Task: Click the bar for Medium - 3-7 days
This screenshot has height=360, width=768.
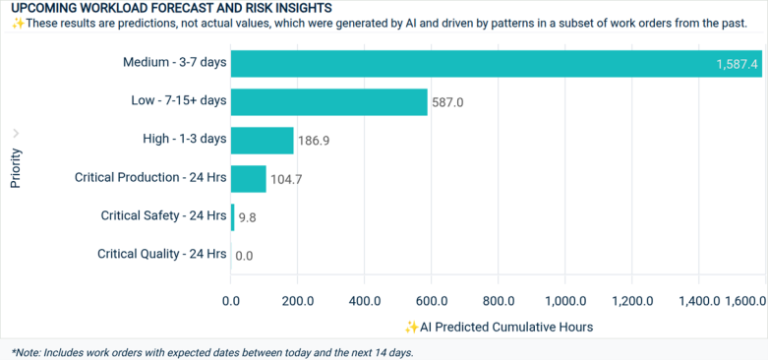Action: [x=492, y=63]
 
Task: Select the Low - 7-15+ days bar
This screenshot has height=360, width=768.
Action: [x=328, y=101]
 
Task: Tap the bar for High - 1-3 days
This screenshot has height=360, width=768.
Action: [x=262, y=140]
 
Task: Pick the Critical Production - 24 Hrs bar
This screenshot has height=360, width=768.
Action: [x=248, y=178]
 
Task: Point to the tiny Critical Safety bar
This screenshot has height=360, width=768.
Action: [x=232, y=216]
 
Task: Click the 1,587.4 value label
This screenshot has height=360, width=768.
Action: [x=737, y=64]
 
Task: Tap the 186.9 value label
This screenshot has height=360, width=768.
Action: [x=313, y=141]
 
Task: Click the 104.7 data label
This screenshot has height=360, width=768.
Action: [x=286, y=179]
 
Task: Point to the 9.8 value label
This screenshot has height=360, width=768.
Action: [x=247, y=217]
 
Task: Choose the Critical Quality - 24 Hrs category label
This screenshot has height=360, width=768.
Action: [x=161, y=254]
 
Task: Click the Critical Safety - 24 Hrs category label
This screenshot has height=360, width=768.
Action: [x=163, y=215]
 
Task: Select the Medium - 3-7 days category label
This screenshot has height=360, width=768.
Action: [x=174, y=62]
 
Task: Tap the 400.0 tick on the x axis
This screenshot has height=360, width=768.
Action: [x=365, y=301]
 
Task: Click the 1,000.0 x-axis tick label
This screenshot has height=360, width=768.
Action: [x=565, y=301]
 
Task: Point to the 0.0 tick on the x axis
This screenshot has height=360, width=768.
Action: [x=231, y=301]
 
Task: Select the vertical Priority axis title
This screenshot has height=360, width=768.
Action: [x=16, y=168]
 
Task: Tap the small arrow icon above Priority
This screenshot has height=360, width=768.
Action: [x=16, y=133]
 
